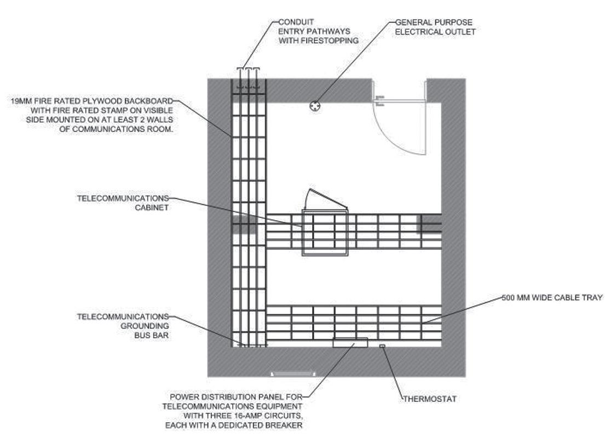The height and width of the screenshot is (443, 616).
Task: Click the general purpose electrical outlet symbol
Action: point(315,106)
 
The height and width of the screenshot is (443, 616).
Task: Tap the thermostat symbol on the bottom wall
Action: point(382,346)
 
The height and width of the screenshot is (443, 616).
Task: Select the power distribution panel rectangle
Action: point(350,343)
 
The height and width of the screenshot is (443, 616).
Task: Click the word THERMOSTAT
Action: point(430,399)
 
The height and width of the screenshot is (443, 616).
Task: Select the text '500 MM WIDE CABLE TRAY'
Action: point(552,297)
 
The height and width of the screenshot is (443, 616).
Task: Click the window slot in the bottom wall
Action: point(293,374)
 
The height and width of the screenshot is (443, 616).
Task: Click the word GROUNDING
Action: point(145,326)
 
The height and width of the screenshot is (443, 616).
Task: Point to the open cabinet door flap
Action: point(326,199)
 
